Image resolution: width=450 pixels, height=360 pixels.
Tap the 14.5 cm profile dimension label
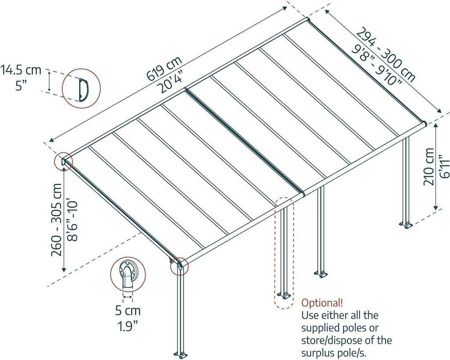tap(20, 69)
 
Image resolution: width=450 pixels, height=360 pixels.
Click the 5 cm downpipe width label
tap(128, 311)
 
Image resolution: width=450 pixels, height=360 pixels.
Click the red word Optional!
tap(322, 303)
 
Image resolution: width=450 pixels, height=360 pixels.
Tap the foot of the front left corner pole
tap(181, 354)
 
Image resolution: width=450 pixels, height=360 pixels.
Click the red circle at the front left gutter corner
tap(179, 265)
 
